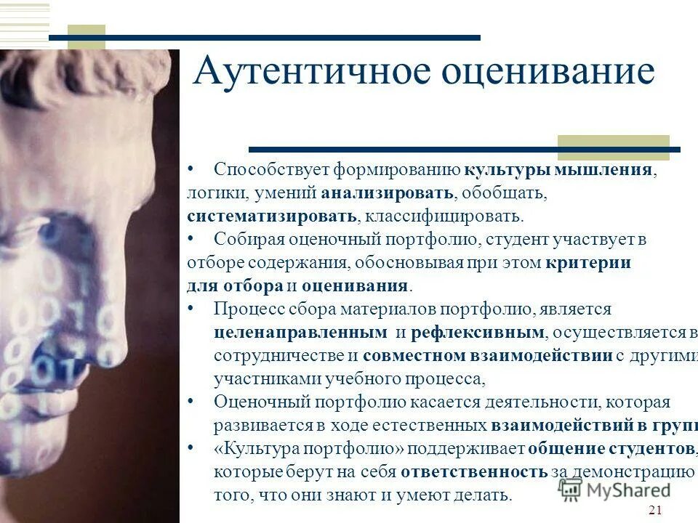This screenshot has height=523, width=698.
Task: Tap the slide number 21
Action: (654, 509)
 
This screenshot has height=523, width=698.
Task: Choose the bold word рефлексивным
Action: (478, 332)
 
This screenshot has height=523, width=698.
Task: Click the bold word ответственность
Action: (474, 471)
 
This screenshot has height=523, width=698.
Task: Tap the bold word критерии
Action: (588, 262)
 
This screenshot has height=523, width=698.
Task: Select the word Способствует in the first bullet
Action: (273, 170)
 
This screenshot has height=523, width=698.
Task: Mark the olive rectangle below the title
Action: (613, 147)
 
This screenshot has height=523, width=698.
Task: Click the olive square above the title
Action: (87, 36)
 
